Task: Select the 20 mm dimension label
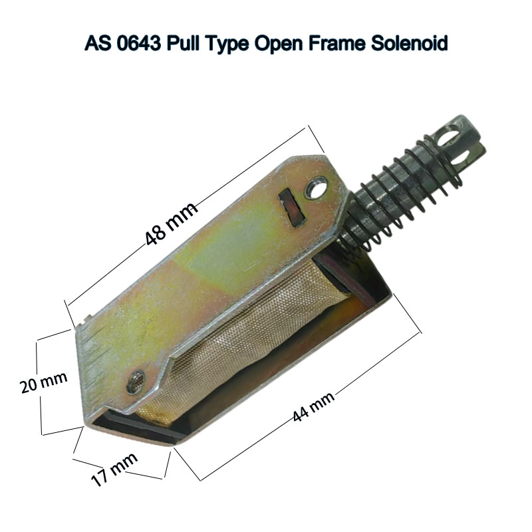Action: click(43, 382)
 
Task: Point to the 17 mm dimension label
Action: click(115, 469)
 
